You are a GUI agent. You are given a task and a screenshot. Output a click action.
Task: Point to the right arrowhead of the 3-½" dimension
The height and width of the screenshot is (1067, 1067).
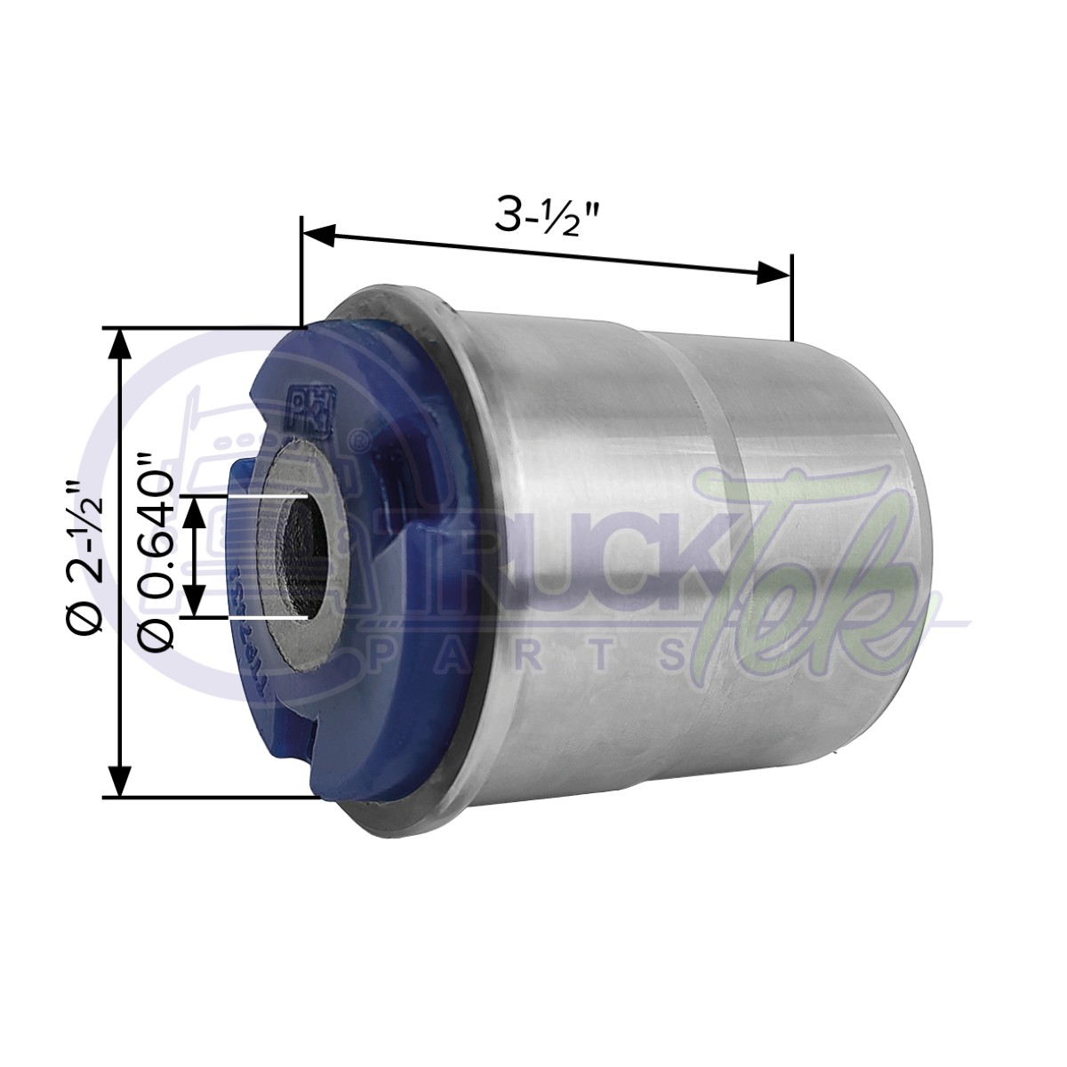773,275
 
